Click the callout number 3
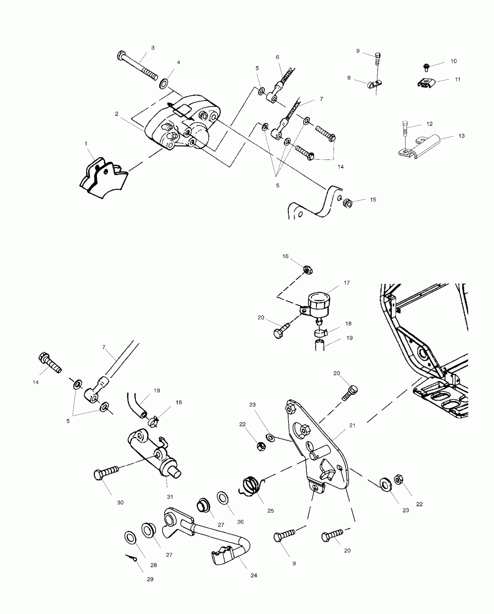pos(153,48)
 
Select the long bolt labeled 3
pos(137,66)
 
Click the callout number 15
pos(373,199)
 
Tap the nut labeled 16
pos(307,270)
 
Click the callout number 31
pos(170,505)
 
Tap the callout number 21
pos(352,425)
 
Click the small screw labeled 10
pos(427,67)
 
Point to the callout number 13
pos(461,136)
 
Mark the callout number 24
pos(254,575)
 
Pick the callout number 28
pos(153,565)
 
